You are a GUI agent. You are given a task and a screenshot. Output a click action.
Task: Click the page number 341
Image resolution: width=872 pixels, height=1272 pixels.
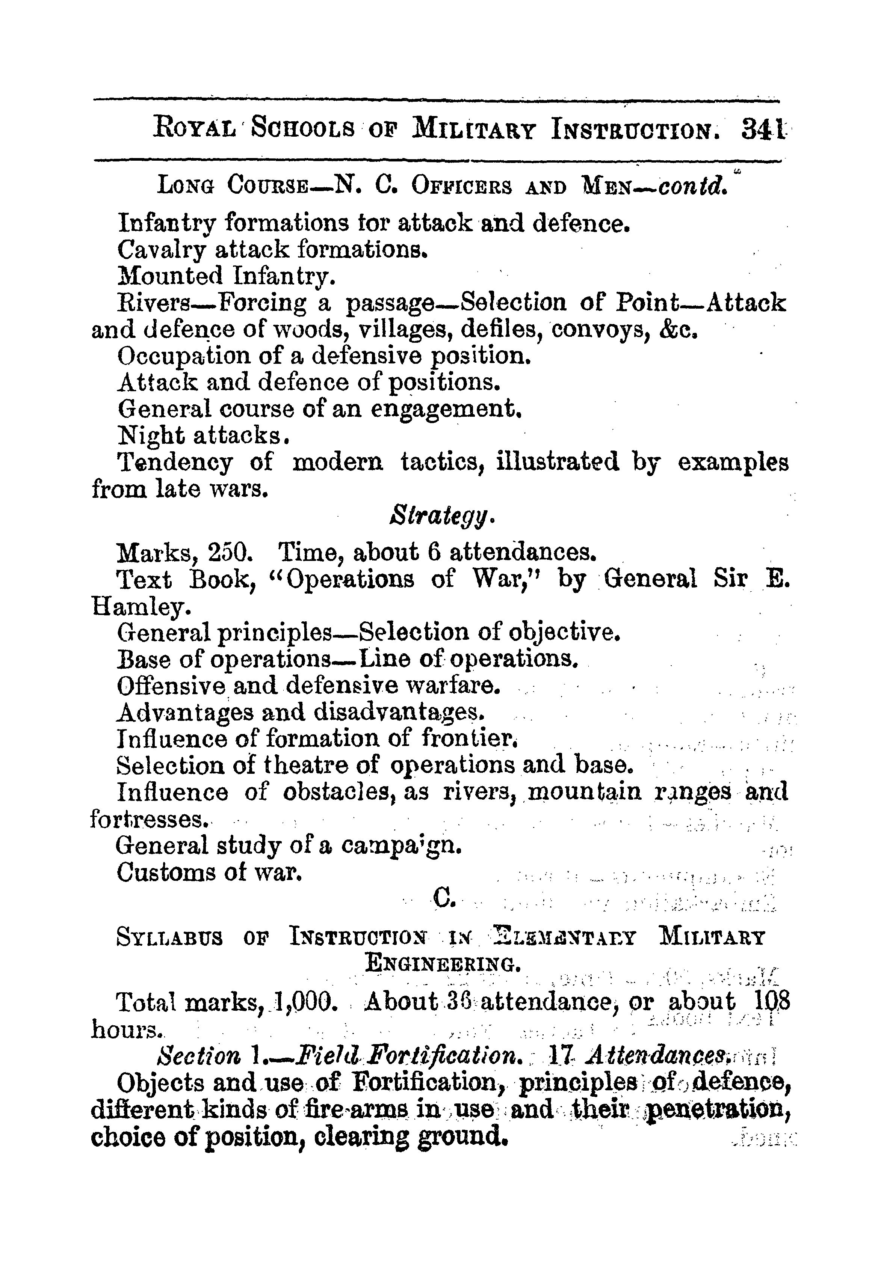(x=762, y=131)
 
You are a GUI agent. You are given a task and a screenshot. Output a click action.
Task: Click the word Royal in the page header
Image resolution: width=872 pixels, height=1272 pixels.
(x=195, y=131)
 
